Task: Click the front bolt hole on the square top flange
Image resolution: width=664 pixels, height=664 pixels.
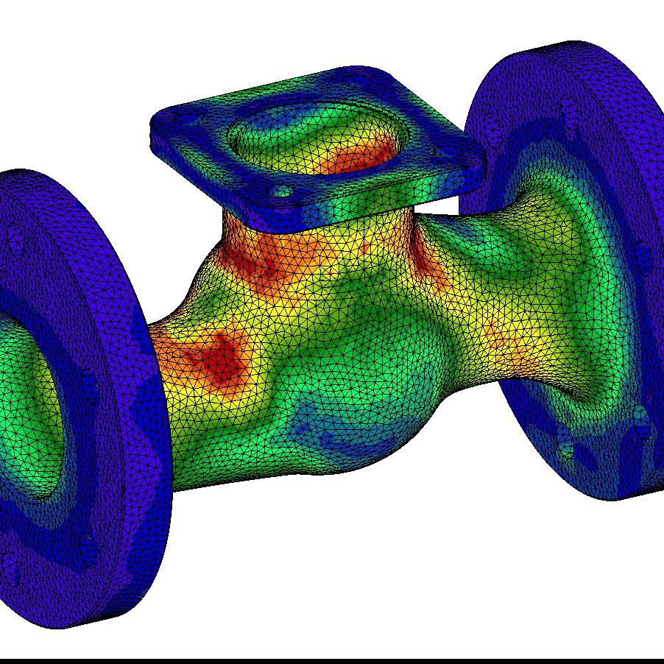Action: point(280,192)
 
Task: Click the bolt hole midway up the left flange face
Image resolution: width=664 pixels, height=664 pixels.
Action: point(88,383)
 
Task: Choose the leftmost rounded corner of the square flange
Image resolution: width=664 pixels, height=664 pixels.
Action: point(158,125)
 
